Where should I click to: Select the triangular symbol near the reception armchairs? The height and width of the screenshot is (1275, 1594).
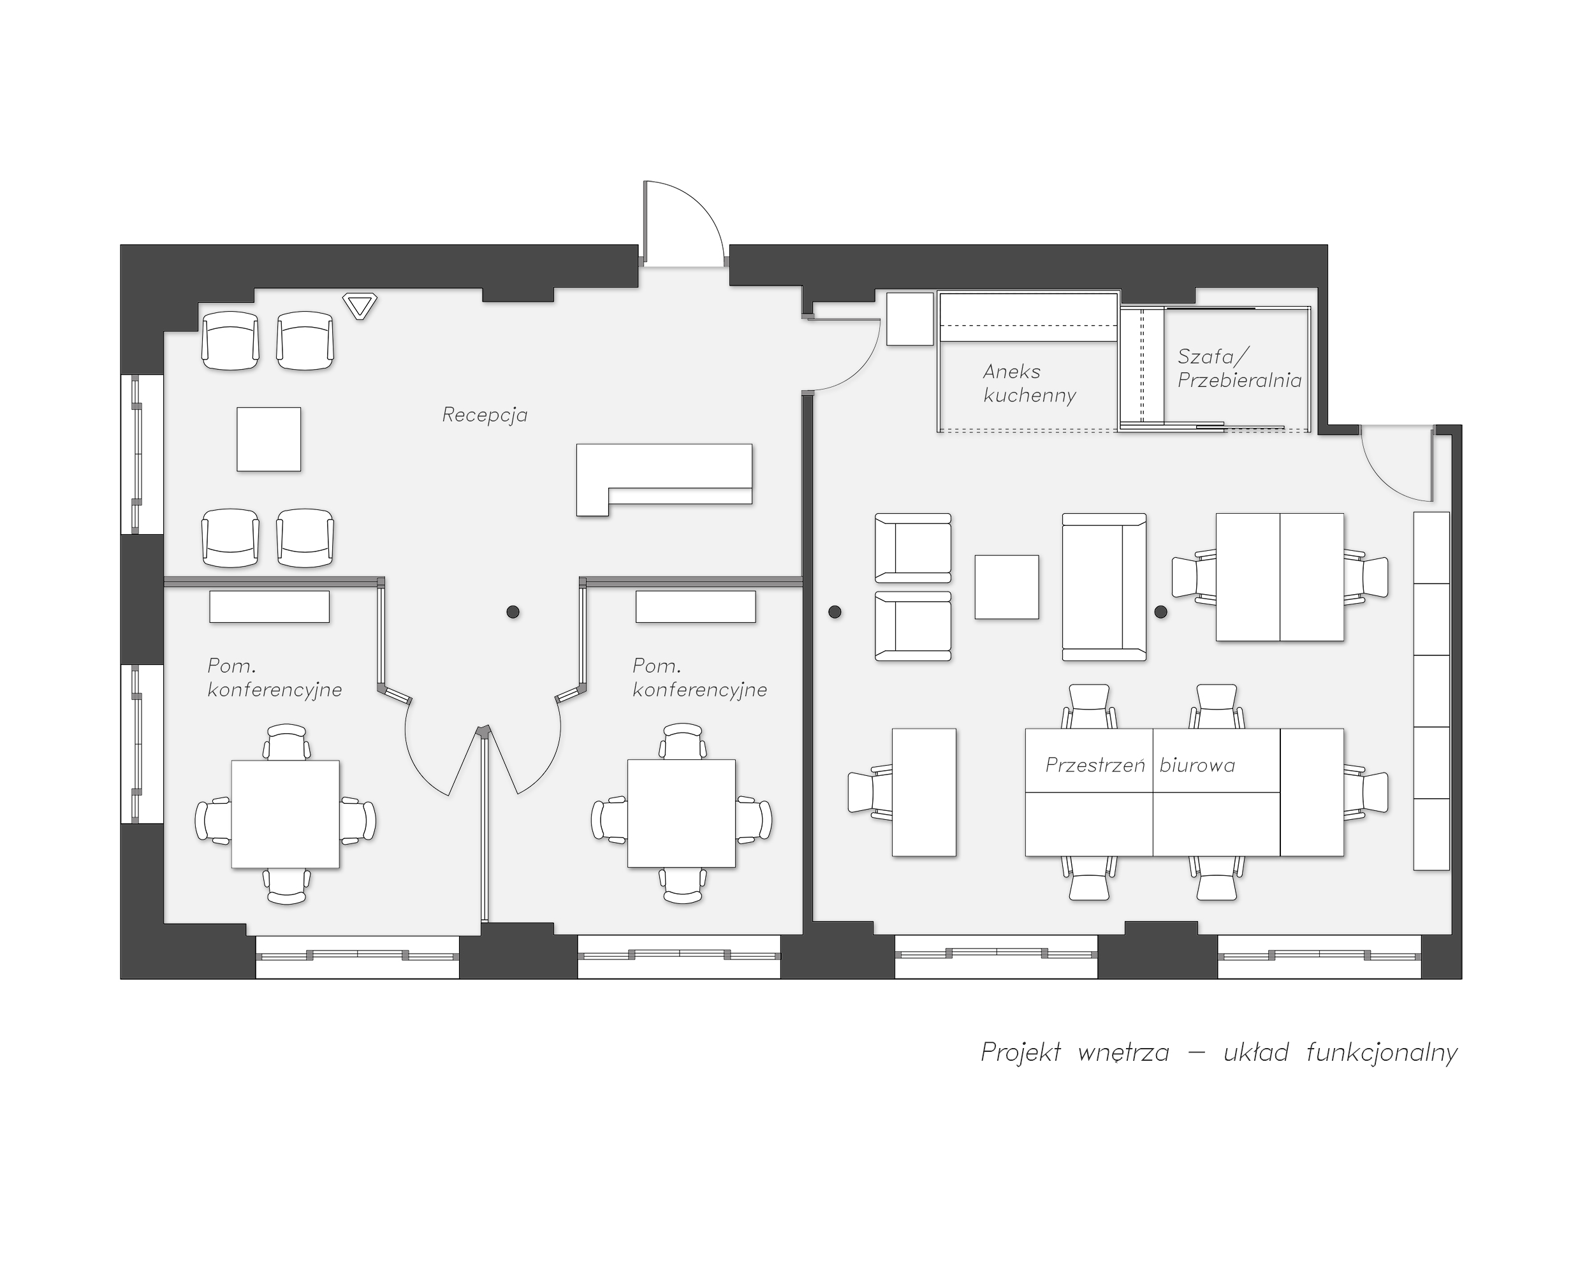[360, 306]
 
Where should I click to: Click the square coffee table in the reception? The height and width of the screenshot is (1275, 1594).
[269, 439]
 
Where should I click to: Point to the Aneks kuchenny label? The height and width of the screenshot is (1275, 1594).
[1030, 383]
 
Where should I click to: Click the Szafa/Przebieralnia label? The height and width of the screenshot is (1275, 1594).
[1239, 368]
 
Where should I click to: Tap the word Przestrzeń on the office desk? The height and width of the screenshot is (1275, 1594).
[1095, 765]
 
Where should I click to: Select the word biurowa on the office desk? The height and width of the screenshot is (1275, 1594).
[1197, 765]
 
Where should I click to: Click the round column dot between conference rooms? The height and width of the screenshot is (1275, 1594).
[513, 612]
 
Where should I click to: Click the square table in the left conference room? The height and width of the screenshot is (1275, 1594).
[286, 814]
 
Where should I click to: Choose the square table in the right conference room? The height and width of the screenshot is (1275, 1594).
[682, 813]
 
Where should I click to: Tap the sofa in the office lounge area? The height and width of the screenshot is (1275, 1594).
[1104, 587]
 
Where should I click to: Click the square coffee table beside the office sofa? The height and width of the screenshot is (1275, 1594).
[1007, 587]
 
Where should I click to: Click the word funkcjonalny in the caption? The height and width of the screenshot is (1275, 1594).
[1382, 1052]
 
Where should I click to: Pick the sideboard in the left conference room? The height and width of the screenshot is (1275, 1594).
[269, 607]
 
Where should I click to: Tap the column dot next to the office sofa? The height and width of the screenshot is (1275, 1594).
[1161, 612]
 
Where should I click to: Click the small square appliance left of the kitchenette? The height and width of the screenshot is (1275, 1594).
[910, 319]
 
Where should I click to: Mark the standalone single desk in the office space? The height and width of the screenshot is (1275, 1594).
[924, 792]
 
